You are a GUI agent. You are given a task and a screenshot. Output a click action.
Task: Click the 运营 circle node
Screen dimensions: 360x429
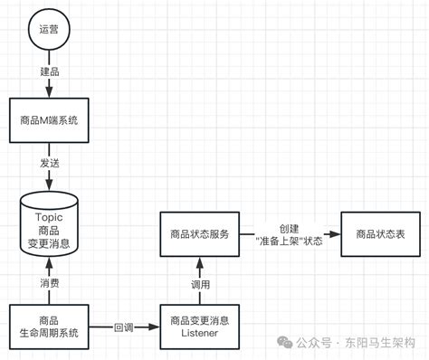click(48, 30)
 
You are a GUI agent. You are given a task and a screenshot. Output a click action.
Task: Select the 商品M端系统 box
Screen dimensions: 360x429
click(48, 119)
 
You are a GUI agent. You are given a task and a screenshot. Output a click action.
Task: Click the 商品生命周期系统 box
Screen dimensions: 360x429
click(48, 327)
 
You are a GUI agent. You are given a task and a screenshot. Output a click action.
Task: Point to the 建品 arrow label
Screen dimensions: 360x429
click(48, 71)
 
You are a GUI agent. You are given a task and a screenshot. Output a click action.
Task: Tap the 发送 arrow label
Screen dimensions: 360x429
click(48, 163)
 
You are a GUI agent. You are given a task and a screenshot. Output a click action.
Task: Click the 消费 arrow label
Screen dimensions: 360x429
click(48, 281)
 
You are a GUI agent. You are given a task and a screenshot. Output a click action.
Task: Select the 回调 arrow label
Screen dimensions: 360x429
click(124, 327)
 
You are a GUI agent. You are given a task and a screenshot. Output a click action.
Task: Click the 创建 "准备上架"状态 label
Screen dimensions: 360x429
click(286, 233)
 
